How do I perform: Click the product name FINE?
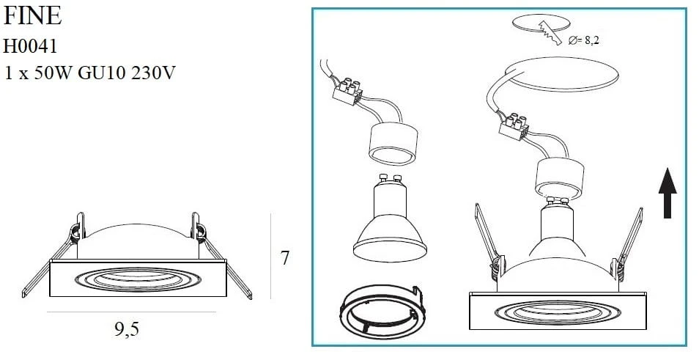(32, 15)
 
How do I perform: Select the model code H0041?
(30, 46)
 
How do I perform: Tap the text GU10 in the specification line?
(101, 73)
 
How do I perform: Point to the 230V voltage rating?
(153, 73)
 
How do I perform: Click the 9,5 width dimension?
(127, 329)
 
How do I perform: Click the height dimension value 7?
(285, 258)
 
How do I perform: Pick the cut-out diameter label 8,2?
(591, 40)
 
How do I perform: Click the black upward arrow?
(667, 193)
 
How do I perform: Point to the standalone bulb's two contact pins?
(390, 178)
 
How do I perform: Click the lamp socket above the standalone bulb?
(393, 143)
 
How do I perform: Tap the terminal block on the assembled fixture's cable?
(514, 127)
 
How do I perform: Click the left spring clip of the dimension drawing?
(53, 257)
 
